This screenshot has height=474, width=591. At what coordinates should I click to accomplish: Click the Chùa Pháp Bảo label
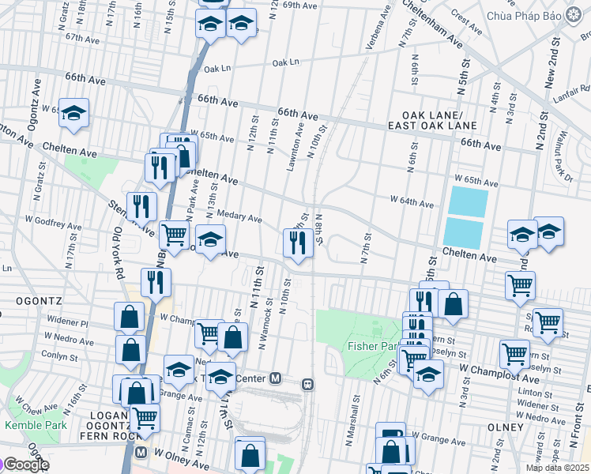point(524,16)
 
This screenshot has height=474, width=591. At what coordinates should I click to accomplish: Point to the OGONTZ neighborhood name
point(33,300)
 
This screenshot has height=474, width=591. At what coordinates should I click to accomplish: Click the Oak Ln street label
point(286,62)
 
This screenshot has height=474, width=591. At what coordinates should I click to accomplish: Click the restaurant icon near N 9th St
point(298,243)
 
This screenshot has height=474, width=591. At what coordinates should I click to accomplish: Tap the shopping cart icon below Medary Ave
point(174,234)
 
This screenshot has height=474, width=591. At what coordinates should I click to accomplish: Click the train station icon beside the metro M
point(307,385)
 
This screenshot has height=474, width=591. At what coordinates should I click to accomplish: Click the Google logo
point(25,465)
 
